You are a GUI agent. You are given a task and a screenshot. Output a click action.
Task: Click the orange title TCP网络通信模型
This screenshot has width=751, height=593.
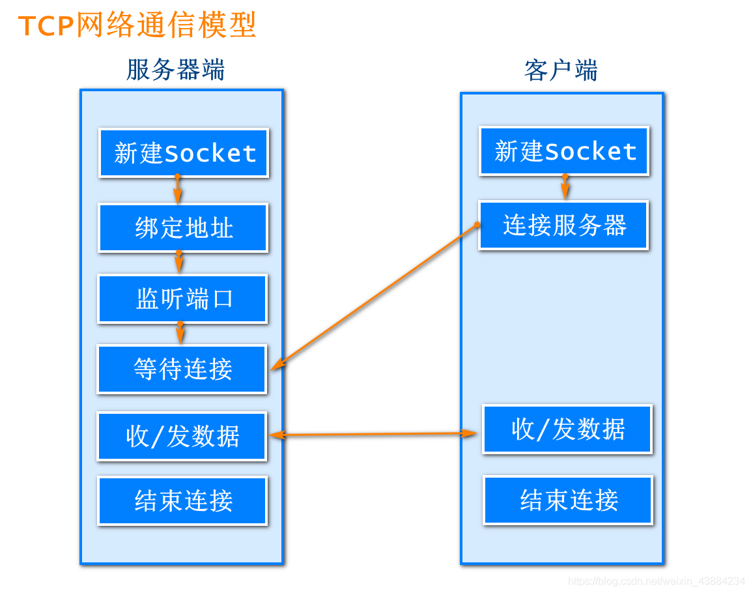(x=137, y=25)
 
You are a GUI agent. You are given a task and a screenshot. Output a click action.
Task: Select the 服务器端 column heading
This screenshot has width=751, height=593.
(x=175, y=70)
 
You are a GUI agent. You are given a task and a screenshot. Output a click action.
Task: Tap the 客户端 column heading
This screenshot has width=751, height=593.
(x=561, y=70)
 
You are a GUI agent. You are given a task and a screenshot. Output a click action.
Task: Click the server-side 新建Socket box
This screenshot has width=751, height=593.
(x=184, y=152)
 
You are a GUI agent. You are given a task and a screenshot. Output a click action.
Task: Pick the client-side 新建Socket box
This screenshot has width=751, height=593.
(x=564, y=151)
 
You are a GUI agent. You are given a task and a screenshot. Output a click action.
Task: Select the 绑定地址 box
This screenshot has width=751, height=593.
(x=183, y=227)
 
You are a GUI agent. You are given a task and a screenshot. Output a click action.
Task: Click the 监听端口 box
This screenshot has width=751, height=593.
(x=182, y=299)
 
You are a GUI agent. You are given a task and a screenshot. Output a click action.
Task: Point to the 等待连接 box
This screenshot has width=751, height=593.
(x=182, y=369)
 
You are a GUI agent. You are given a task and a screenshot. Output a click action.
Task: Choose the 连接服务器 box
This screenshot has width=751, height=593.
(x=563, y=225)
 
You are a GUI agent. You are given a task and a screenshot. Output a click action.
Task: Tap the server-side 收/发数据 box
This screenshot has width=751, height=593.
(x=182, y=437)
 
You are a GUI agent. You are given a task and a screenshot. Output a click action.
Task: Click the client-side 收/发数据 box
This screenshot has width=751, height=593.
(x=567, y=429)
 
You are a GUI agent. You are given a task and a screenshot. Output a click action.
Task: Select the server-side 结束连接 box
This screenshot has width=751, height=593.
(x=182, y=500)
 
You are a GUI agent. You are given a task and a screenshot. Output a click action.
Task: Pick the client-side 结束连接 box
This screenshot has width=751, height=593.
(x=569, y=500)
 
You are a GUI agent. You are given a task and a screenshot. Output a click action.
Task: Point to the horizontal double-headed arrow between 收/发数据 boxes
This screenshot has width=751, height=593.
(x=373, y=434)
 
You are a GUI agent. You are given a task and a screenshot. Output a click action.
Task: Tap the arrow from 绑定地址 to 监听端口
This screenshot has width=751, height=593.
(x=179, y=262)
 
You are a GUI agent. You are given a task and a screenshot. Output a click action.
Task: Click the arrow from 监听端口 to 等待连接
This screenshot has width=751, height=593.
(x=180, y=334)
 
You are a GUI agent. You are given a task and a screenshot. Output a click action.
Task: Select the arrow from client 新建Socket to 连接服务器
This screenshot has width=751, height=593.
(x=565, y=187)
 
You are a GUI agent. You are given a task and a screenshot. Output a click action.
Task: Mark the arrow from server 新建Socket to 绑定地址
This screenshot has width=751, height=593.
(x=178, y=190)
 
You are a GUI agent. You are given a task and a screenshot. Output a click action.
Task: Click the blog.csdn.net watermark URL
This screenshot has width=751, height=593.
(x=656, y=581)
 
